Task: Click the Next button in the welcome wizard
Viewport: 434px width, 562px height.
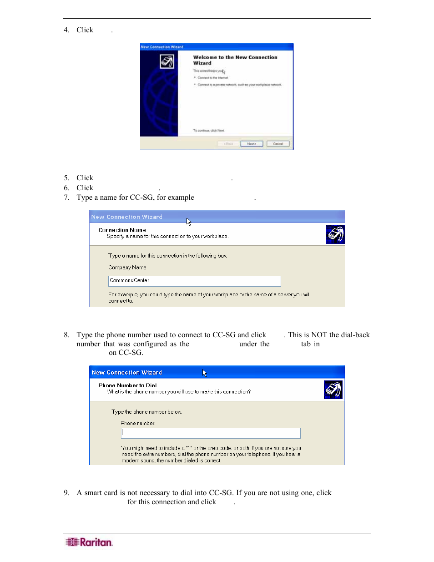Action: click(x=252, y=144)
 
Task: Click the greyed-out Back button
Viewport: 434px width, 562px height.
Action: click(x=228, y=144)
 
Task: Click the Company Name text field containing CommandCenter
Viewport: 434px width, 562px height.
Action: click(x=194, y=281)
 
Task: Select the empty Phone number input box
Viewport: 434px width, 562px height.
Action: click(x=211, y=433)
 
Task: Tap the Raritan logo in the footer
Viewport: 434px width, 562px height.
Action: click(x=89, y=542)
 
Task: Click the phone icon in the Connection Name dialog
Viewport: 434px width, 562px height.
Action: click(x=335, y=234)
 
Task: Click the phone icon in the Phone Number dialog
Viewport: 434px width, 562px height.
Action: click(x=333, y=390)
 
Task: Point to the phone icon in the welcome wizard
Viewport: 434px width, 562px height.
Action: click(x=167, y=61)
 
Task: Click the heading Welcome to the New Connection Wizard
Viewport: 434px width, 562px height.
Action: click(x=235, y=60)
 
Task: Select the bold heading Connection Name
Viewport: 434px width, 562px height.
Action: click(x=122, y=230)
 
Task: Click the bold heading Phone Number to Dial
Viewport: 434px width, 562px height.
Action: click(x=127, y=385)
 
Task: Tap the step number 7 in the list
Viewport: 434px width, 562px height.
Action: click(x=66, y=197)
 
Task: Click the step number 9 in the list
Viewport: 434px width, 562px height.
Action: click(x=66, y=493)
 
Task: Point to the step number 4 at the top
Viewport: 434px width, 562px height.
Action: click(x=66, y=30)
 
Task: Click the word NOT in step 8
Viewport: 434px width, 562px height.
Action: click(x=319, y=335)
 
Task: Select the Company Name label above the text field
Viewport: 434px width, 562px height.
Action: click(x=127, y=268)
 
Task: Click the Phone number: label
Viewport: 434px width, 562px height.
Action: click(x=138, y=423)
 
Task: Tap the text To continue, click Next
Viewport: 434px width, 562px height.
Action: click(x=208, y=131)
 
